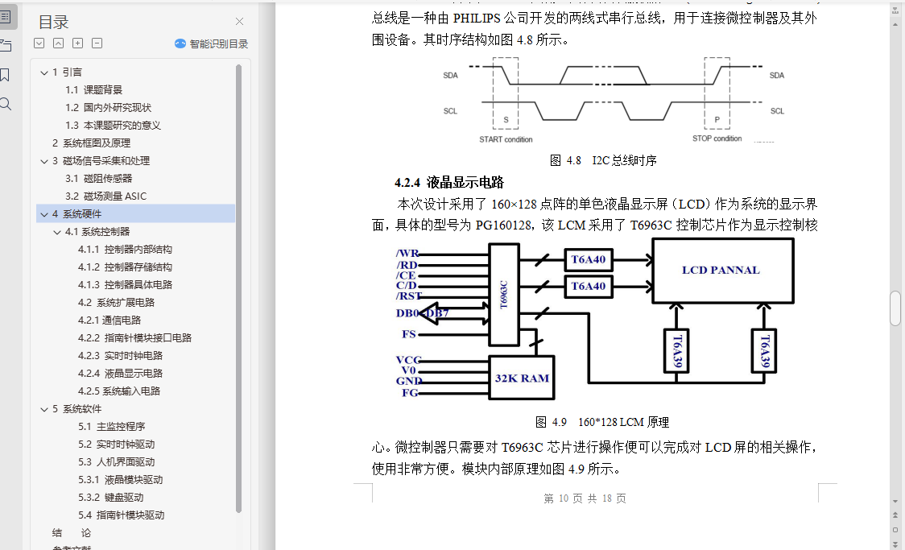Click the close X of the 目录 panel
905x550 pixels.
(x=239, y=22)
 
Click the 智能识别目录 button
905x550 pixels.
(x=212, y=44)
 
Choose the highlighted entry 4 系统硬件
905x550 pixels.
(x=82, y=213)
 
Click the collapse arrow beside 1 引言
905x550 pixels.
(x=44, y=72)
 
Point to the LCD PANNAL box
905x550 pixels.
(x=721, y=271)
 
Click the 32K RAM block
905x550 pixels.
(x=522, y=378)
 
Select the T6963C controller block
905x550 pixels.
(x=504, y=295)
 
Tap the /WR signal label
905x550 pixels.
(x=407, y=254)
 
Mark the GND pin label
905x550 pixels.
(x=409, y=381)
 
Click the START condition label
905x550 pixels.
(x=506, y=139)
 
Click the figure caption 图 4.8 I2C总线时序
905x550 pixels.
(x=603, y=160)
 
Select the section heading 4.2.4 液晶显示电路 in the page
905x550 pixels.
(x=449, y=182)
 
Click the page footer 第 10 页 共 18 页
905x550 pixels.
(x=585, y=498)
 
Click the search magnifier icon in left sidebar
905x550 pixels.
(x=6, y=104)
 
